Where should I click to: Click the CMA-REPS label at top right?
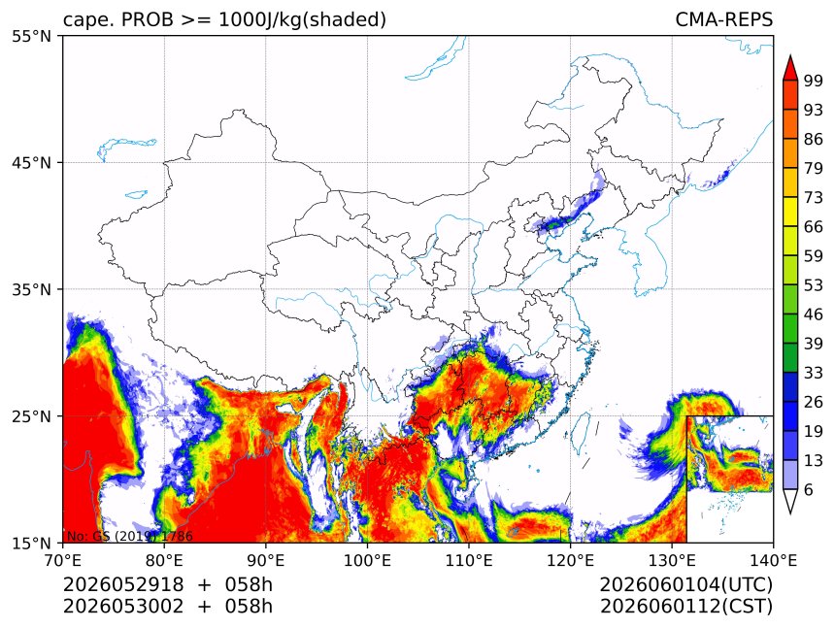click(x=723, y=19)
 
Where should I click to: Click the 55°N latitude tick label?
click(x=31, y=36)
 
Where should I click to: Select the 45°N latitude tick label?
click(x=31, y=162)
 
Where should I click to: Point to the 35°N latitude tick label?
click(x=31, y=289)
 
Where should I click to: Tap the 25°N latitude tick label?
click(x=31, y=416)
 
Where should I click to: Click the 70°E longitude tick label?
click(x=63, y=560)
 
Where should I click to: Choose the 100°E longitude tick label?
click(x=367, y=560)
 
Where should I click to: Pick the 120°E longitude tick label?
click(x=570, y=560)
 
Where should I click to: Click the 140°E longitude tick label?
click(x=773, y=560)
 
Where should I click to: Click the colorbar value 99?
click(x=814, y=81)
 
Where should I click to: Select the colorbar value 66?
click(x=814, y=227)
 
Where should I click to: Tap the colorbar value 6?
click(x=809, y=489)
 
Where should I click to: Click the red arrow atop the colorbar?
click(x=790, y=68)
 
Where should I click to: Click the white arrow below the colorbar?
click(x=790, y=502)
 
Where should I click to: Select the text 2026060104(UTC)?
click(x=685, y=584)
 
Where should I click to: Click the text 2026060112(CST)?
click(x=685, y=607)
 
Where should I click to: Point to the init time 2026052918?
click(x=123, y=584)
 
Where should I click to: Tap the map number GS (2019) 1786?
click(x=144, y=536)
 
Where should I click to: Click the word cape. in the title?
click(x=85, y=20)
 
